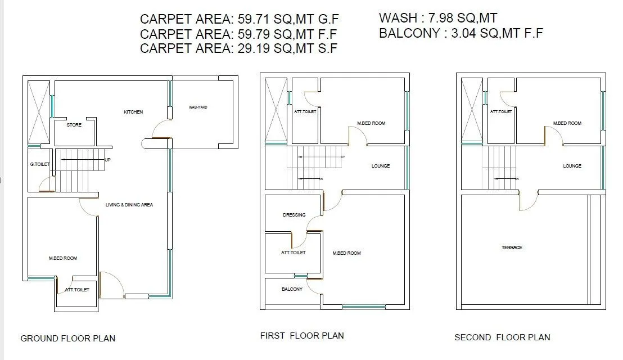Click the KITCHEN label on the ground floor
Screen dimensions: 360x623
coord(133,112)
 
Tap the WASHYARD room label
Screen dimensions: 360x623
coord(198,107)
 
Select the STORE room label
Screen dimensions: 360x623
coord(74,125)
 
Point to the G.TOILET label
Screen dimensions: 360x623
coord(40,164)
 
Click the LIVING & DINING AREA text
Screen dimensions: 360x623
coord(129,205)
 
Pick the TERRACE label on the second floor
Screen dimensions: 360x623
coord(512,247)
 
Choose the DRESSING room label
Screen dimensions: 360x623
coord(294,215)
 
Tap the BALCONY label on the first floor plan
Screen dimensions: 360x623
coord(292,289)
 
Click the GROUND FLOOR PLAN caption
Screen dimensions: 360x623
coord(67,339)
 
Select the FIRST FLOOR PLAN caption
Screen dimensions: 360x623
coord(302,336)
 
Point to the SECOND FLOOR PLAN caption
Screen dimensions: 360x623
coord(502,337)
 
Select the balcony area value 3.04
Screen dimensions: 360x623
coord(461,33)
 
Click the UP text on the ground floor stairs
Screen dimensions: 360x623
coord(107,160)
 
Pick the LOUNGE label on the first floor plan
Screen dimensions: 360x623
coord(381,166)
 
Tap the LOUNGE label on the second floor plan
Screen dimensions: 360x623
coord(572,166)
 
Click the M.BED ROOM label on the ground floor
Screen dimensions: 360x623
coord(63,258)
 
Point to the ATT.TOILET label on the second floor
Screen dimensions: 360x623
coord(500,112)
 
